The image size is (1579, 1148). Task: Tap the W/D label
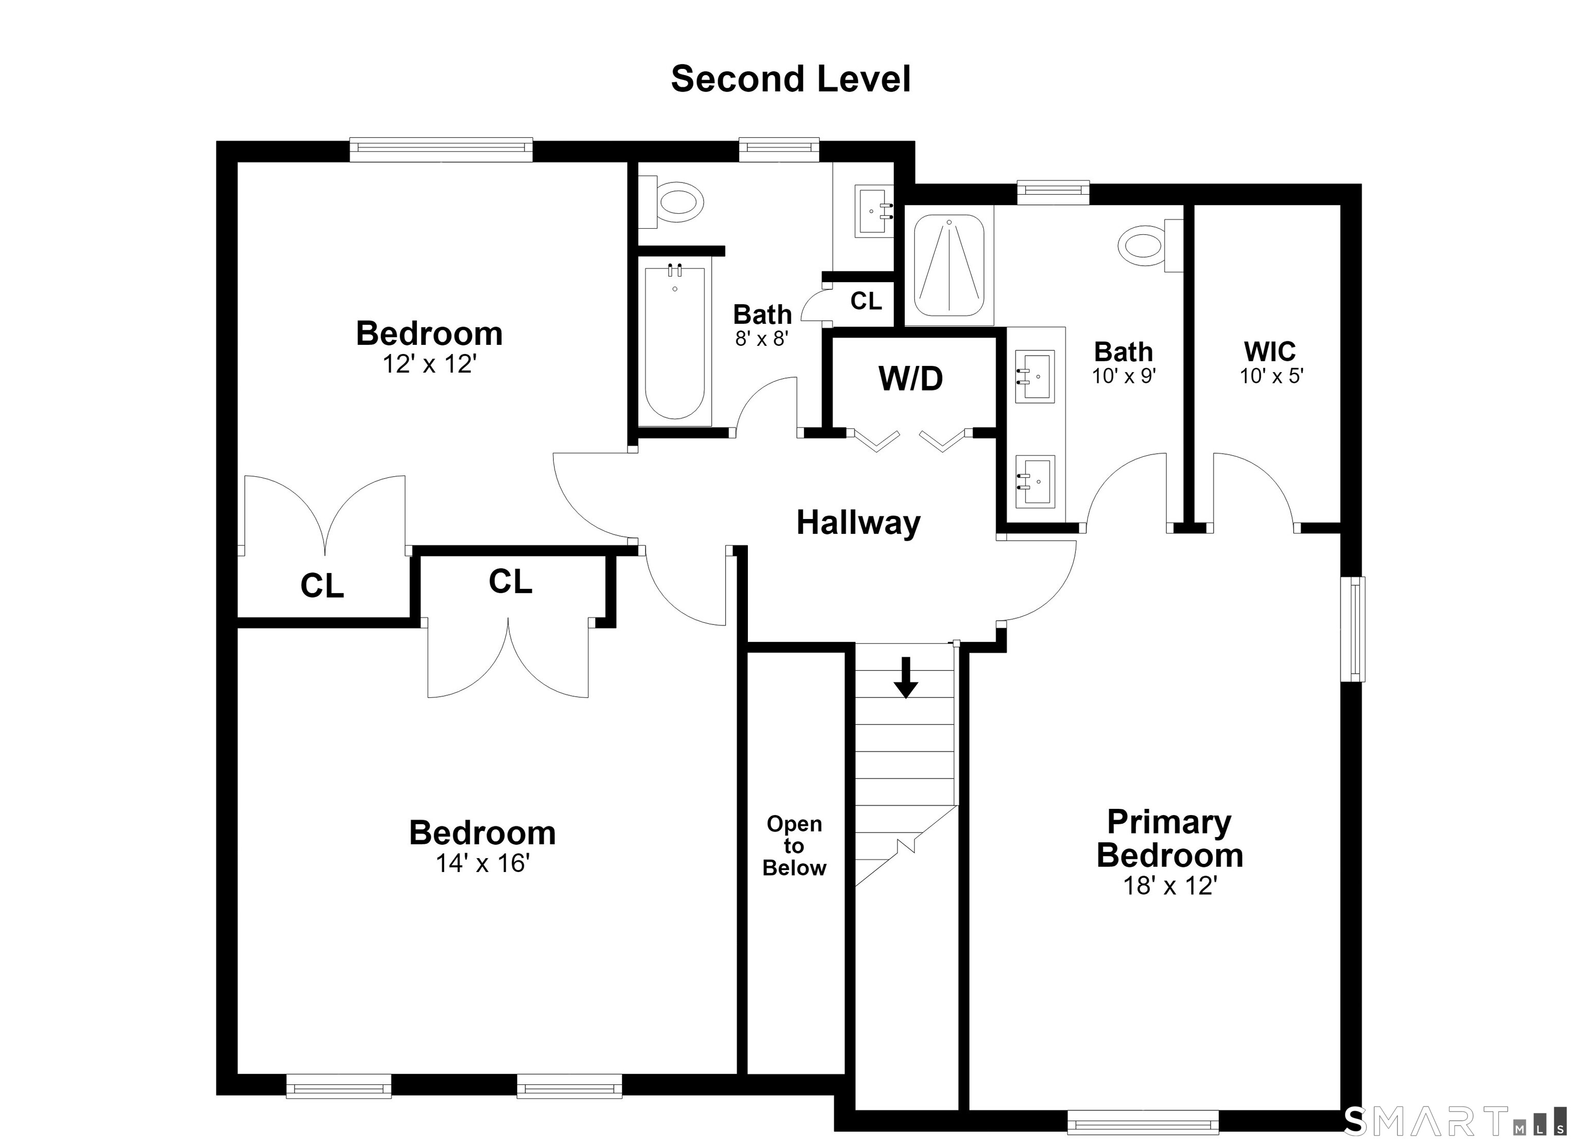pos(911,379)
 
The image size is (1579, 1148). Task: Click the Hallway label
pos(858,522)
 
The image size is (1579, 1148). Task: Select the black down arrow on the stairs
pos(906,677)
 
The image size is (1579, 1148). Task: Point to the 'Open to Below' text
pos(794,846)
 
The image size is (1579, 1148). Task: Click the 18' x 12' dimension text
pos(1170,885)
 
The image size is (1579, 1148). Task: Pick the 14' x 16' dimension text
pos(483,863)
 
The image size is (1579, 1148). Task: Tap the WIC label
pos(1270,351)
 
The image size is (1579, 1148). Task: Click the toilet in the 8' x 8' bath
pos(671,202)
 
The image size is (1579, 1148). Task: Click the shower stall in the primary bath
pos(948,265)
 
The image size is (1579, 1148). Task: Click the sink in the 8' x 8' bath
pos(874,210)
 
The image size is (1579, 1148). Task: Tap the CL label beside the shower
pos(866,301)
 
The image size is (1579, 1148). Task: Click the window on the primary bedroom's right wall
pos(1353,628)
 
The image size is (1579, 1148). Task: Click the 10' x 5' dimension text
pos(1271,376)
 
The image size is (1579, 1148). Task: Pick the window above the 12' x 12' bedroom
pos(440,150)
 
